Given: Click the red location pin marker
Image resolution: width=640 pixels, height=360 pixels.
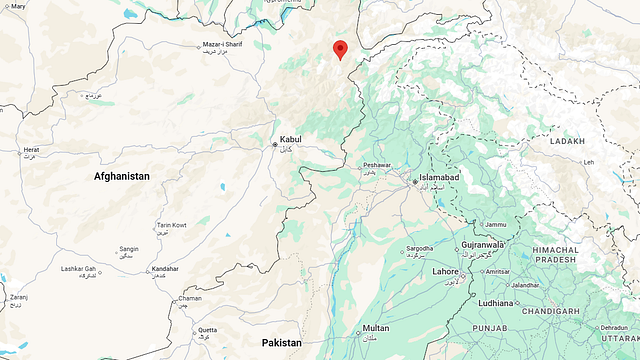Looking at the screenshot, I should [340, 49].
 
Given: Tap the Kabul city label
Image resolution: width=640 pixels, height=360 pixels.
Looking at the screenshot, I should [290, 139].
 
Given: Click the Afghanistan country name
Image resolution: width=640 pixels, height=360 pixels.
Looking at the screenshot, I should [122, 176].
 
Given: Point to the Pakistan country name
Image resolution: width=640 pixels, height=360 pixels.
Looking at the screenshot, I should [282, 343].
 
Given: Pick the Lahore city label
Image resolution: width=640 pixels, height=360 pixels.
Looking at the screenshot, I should [446, 272].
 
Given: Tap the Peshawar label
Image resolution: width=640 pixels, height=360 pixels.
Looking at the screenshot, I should [377, 164].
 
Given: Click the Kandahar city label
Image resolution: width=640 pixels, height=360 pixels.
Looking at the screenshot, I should [164, 269].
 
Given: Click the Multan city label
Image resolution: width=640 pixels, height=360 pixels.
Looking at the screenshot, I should [376, 328].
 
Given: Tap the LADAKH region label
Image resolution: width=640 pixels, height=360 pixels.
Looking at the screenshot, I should [567, 142].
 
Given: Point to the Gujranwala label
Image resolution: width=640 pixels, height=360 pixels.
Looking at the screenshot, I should [484, 245].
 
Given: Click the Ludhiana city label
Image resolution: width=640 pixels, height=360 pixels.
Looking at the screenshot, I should [497, 302].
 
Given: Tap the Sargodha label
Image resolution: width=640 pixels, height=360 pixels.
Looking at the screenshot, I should [420, 247].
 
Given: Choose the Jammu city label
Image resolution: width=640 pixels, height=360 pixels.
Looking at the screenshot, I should [496, 224].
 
